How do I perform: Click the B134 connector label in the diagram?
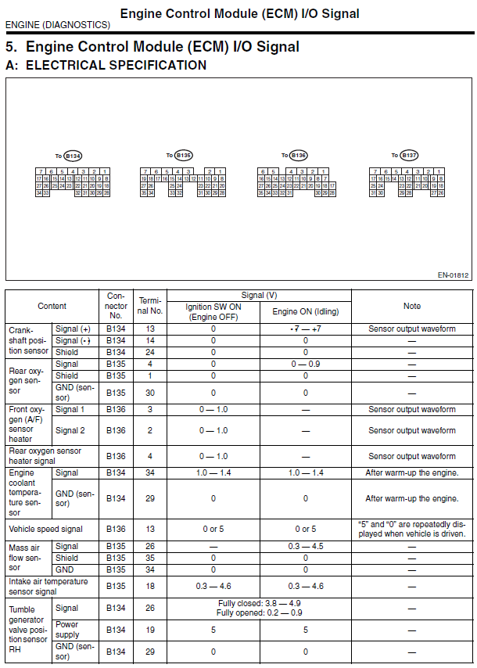coord(73,156)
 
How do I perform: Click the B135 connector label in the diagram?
coord(184,156)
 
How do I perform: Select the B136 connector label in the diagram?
coord(298,156)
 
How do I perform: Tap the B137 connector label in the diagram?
coord(410,156)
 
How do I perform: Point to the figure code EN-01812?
coord(454,275)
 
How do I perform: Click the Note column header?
coord(411,306)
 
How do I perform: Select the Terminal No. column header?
coord(150,306)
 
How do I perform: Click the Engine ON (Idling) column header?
coord(305,311)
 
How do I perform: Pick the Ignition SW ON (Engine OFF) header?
coord(213,311)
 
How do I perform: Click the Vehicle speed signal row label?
coord(45,530)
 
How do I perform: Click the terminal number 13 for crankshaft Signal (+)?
coord(150,329)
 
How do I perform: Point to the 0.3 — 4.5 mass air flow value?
coord(305,546)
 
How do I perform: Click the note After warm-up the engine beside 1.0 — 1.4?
coord(411,472)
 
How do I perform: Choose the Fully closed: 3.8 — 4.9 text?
coord(258,604)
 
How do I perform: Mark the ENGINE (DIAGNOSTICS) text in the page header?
coord(57,25)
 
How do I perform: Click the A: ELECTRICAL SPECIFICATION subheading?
coord(106,66)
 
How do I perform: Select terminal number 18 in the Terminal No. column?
coord(150,586)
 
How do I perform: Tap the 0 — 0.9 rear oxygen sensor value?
coord(305,364)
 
